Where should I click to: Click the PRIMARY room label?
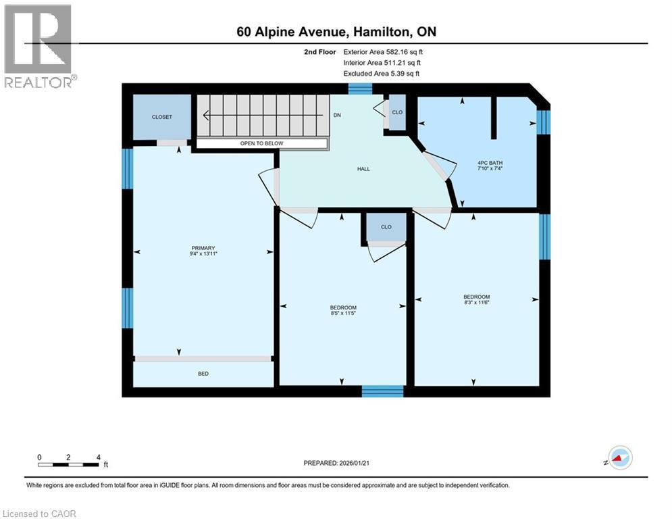coord(203,248)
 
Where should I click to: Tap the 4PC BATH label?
coord(490,163)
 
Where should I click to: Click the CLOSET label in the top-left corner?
coord(161,117)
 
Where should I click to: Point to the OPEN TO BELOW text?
coord(262,144)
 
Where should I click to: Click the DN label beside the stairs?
coord(337,116)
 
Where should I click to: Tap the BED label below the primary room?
coord(203,374)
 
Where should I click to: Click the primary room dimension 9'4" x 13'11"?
coord(203,254)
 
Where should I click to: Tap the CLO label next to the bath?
coord(397,112)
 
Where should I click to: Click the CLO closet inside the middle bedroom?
coord(386,227)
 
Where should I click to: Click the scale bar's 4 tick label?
coord(99,458)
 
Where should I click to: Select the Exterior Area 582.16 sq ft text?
coord(383,51)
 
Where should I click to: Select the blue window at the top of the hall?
coord(360,89)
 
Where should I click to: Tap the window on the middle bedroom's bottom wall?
coord(382,391)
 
